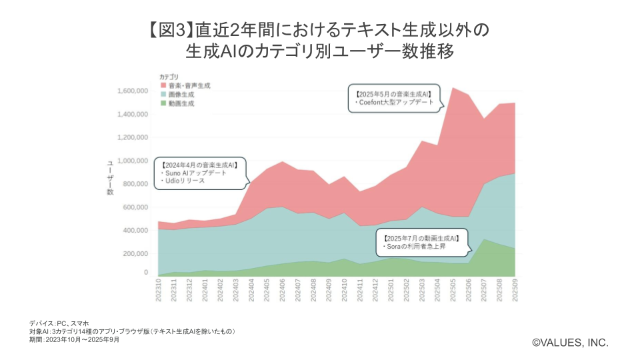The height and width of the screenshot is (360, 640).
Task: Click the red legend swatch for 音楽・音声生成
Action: pos(163,86)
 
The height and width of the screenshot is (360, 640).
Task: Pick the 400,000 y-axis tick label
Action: pos(133,231)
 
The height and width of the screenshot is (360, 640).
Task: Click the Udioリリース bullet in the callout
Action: pos(184,181)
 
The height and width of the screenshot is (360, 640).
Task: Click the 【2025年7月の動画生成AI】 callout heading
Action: pos(421,238)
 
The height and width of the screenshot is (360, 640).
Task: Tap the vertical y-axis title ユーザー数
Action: pos(111,178)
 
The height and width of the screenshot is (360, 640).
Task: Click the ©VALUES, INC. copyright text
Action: pos(570,342)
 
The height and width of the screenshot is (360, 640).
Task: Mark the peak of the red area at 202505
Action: pos(454,88)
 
